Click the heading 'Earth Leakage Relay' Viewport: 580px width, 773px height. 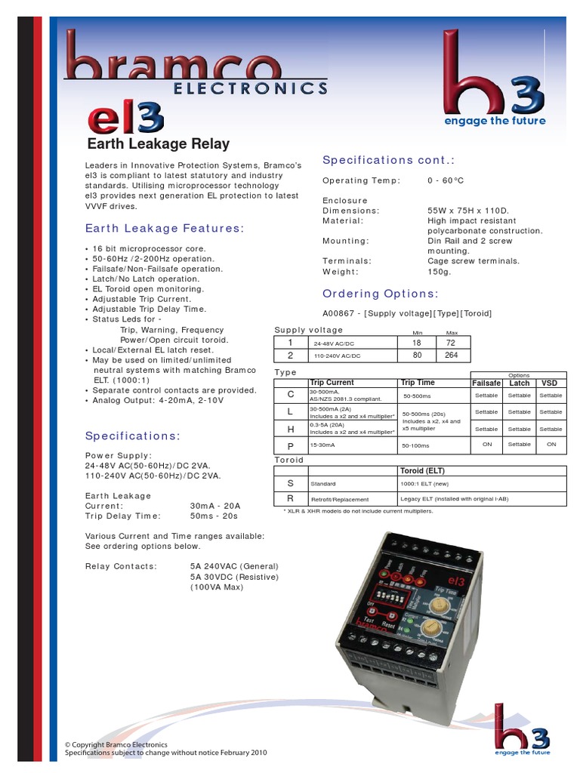pyautogui.click(x=159, y=144)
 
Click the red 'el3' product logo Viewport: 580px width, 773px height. pyautogui.click(x=125, y=118)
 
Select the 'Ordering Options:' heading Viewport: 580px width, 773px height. pyautogui.click(x=380, y=294)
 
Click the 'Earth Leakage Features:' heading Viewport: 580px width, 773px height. pyautogui.click(x=164, y=228)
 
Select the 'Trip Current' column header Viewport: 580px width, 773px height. pyautogui.click(x=332, y=383)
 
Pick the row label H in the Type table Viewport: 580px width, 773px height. pyautogui.click(x=291, y=429)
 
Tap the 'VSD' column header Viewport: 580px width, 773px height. pyautogui.click(x=551, y=383)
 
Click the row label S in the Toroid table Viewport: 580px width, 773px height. pyautogui.click(x=291, y=483)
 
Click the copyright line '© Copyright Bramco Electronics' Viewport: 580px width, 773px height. pyautogui.click(x=116, y=744)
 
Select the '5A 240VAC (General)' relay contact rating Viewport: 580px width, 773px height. pyautogui.click(x=234, y=566)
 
